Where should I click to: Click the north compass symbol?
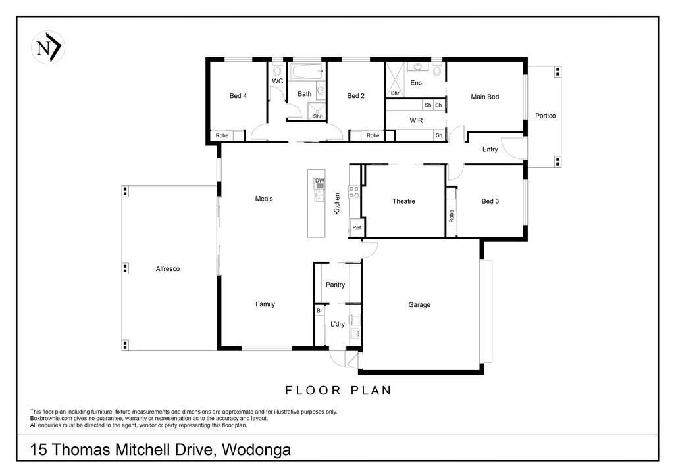click(x=48, y=47)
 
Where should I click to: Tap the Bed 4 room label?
click(x=238, y=96)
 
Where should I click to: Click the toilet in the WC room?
click(x=277, y=69)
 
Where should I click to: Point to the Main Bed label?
click(x=484, y=97)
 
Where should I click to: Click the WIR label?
click(x=415, y=121)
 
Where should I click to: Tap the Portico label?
click(x=545, y=116)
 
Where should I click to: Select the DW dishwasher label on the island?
click(x=319, y=180)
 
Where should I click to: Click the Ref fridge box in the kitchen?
click(x=356, y=227)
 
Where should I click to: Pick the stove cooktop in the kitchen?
click(x=353, y=192)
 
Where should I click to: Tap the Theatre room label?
click(x=403, y=201)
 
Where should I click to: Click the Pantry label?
click(x=335, y=285)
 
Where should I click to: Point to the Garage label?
click(x=419, y=304)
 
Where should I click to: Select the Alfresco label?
click(x=168, y=269)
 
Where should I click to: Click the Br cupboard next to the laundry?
click(x=319, y=310)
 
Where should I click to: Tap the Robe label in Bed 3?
click(x=452, y=216)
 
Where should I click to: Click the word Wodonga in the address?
click(x=257, y=450)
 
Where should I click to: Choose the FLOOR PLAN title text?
click(x=338, y=391)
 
